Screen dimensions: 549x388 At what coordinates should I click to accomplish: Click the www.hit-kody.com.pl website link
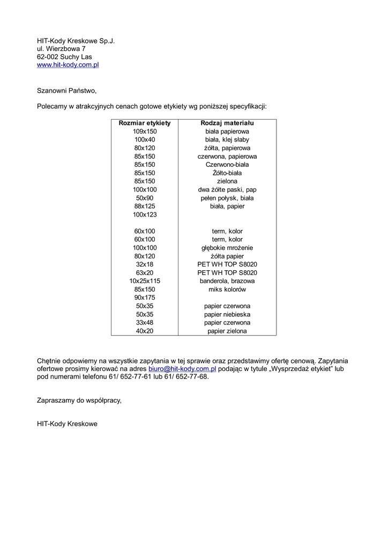click(68, 65)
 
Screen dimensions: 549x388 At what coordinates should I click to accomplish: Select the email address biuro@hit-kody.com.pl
click(182, 369)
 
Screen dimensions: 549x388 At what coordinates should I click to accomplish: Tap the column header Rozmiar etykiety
click(145, 123)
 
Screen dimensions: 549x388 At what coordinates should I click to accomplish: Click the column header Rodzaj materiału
click(227, 123)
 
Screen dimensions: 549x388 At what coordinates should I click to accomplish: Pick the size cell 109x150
click(145, 131)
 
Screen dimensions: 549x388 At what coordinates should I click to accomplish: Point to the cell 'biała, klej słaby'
click(227, 140)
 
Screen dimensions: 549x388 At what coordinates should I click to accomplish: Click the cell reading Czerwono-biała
click(227, 165)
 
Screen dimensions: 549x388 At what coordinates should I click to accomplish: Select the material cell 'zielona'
click(227, 181)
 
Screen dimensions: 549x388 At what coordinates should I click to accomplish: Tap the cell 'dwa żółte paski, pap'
click(227, 190)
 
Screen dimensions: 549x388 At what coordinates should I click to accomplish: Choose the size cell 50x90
click(145, 198)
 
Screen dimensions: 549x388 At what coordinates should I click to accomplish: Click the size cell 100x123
click(145, 214)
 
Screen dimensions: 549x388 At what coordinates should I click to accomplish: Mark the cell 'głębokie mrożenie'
click(227, 248)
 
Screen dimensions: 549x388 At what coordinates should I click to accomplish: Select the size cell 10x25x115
click(145, 281)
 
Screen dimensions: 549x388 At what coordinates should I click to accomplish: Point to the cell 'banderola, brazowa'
click(227, 281)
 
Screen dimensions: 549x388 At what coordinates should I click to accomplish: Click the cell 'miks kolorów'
click(227, 290)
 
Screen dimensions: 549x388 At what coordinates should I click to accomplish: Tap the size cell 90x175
click(145, 298)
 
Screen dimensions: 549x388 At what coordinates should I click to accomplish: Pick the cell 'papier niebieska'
click(227, 314)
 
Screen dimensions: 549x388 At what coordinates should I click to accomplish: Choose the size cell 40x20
click(145, 331)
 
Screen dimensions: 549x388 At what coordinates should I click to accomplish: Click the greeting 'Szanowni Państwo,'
click(66, 91)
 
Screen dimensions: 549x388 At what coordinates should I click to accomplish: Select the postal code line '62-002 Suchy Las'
click(64, 57)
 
